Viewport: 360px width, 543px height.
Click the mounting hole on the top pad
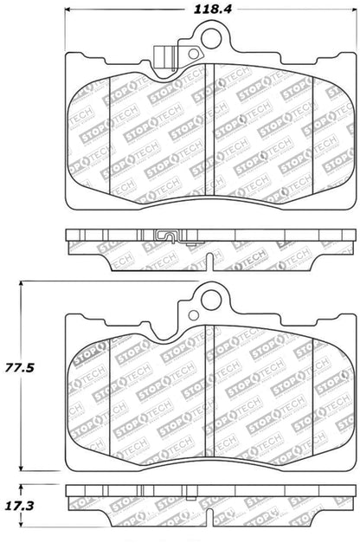209,37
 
